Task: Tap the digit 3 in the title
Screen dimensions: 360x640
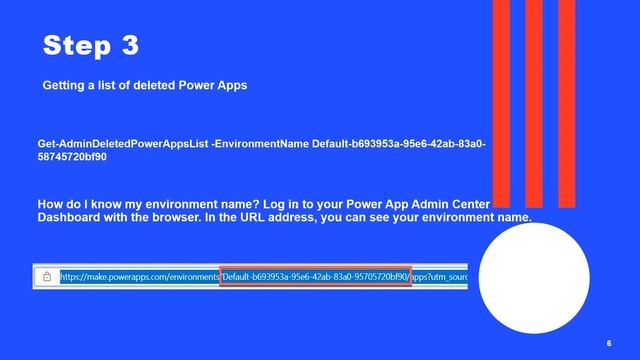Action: [x=129, y=46]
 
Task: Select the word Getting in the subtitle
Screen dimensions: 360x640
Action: [x=65, y=86]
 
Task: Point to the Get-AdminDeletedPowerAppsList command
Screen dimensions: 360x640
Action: [x=123, y=144]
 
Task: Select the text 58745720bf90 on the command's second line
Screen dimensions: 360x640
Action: [x=72, y=157]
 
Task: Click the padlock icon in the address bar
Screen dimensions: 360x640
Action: [x=47, y=276]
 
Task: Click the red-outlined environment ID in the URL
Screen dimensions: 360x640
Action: [x=315, y=276]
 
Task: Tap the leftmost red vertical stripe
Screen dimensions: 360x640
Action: [x=500, y=100]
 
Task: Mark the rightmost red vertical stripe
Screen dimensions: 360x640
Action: [x=570, y=100]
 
